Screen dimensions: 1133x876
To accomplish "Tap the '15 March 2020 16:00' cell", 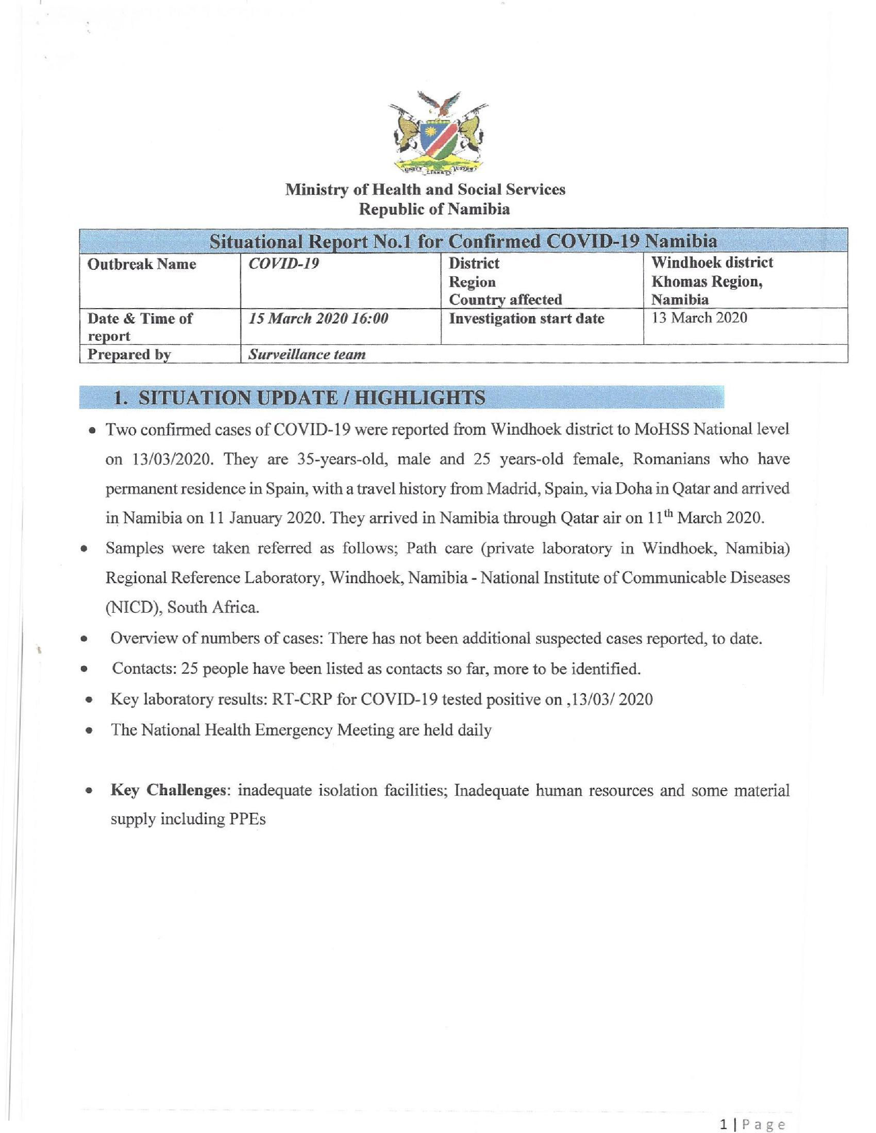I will pos(319,318).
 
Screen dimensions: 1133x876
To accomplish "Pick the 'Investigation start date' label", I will pos(526,318).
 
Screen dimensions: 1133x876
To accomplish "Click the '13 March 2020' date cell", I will pos(699,318).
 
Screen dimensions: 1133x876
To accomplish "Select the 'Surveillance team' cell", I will pos(307,354).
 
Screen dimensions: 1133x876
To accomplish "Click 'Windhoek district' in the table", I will pos(712,262).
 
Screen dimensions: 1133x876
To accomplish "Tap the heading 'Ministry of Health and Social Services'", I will pos(425,190).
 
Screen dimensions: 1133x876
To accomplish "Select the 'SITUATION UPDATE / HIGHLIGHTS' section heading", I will pos(300,398).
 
